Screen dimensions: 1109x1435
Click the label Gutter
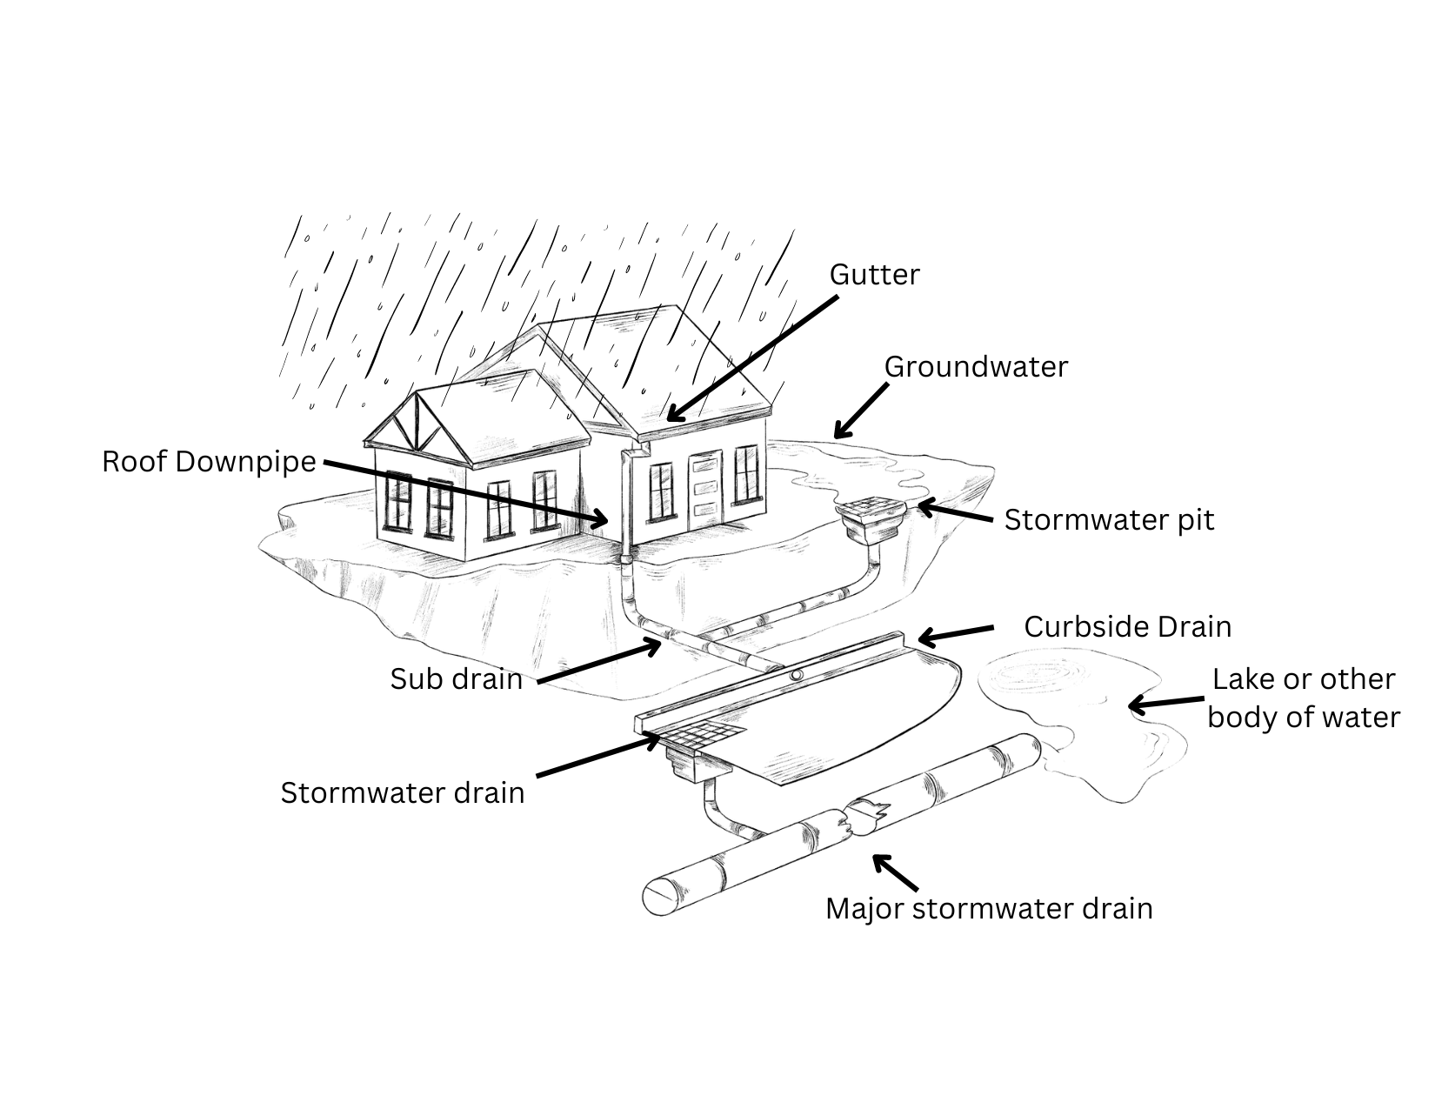pyautogui.click(x=874, y=275)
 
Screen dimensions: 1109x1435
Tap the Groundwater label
pyautogui.click(x=976, y=367)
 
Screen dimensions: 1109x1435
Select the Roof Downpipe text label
pyautogui.click(x=209, y=461)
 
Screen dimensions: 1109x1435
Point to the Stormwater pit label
pyautogui.click(x=1109, y=520)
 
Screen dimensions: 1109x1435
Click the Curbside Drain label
pyautogui.click(x=1127, y=627)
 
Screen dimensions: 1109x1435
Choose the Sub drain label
pyautogui.click(x=456, y=678)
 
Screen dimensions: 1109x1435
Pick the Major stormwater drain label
pyautogui.click(x=989, y=908)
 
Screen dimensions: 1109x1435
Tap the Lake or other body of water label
pyautogui.click(x=1304, y=698)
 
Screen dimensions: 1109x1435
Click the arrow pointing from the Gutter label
pyautogui.click(x=752, y=357)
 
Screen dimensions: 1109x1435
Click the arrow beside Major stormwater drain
pyautogui.click(x=895, y=872)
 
